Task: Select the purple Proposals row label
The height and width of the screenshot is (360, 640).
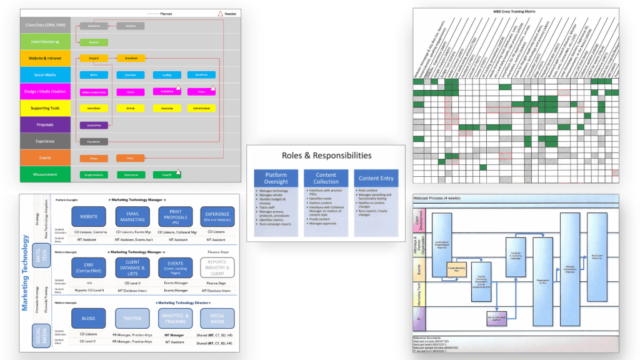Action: point(44,124)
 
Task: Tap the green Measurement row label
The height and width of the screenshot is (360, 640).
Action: point(44,174)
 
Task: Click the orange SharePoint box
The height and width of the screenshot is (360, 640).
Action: point(131,58)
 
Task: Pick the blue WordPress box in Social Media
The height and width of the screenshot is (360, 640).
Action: point(201,75)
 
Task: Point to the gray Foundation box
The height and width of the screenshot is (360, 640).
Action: point(94,141)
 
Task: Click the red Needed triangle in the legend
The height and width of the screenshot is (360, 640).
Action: point(220,13)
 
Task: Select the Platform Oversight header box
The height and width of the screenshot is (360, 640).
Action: point(276,178)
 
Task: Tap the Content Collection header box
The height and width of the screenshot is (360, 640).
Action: point(326,178)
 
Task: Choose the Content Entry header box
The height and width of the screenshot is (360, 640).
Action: point(376,178)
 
